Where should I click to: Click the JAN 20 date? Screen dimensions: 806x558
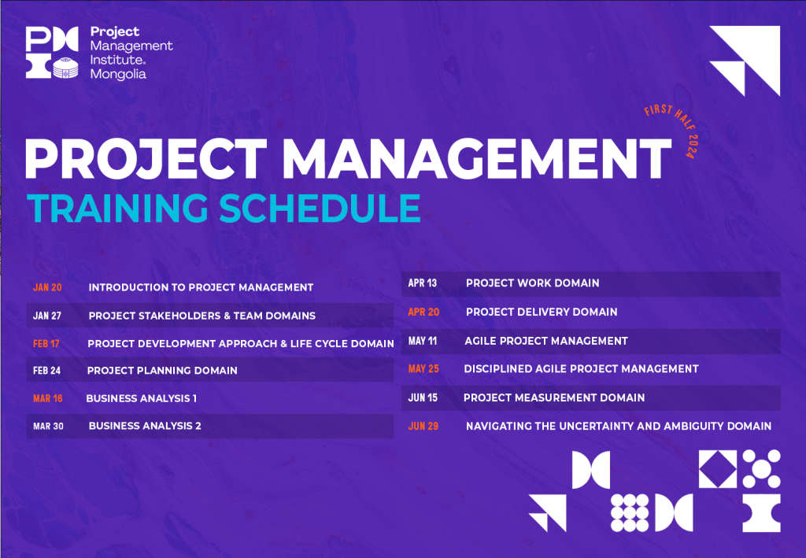(x=47, y=287)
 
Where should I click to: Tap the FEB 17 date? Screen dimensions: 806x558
(x=46, y=344)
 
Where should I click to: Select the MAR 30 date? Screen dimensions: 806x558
(x=48, y=426)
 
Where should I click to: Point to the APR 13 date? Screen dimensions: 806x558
(x=422, y=283)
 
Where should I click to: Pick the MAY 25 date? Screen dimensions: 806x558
(x=423, y=369)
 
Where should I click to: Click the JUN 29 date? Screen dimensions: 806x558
(x=423, y=426)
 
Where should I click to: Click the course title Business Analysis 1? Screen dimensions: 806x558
(x=142, y=398)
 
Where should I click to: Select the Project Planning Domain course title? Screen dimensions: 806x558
(x=162, y=371)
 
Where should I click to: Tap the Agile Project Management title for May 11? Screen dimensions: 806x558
(x=546, y=341)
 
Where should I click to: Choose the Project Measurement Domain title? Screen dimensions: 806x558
(x=554, y=397)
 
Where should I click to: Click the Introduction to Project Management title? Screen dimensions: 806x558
(x=201, y=287)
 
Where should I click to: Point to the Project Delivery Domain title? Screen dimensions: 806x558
(x=542, y=312)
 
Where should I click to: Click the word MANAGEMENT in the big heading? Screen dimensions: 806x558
(x=476, y=159)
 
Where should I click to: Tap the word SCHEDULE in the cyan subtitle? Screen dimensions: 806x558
(x=320, y=208)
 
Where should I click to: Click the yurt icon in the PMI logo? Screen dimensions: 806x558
(x=65, y=68)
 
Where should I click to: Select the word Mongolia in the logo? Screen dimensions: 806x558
(x=118, y=74)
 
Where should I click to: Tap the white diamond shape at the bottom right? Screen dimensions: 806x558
(x=718, y=468)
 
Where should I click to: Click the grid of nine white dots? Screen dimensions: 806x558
(x=630, y=513)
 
